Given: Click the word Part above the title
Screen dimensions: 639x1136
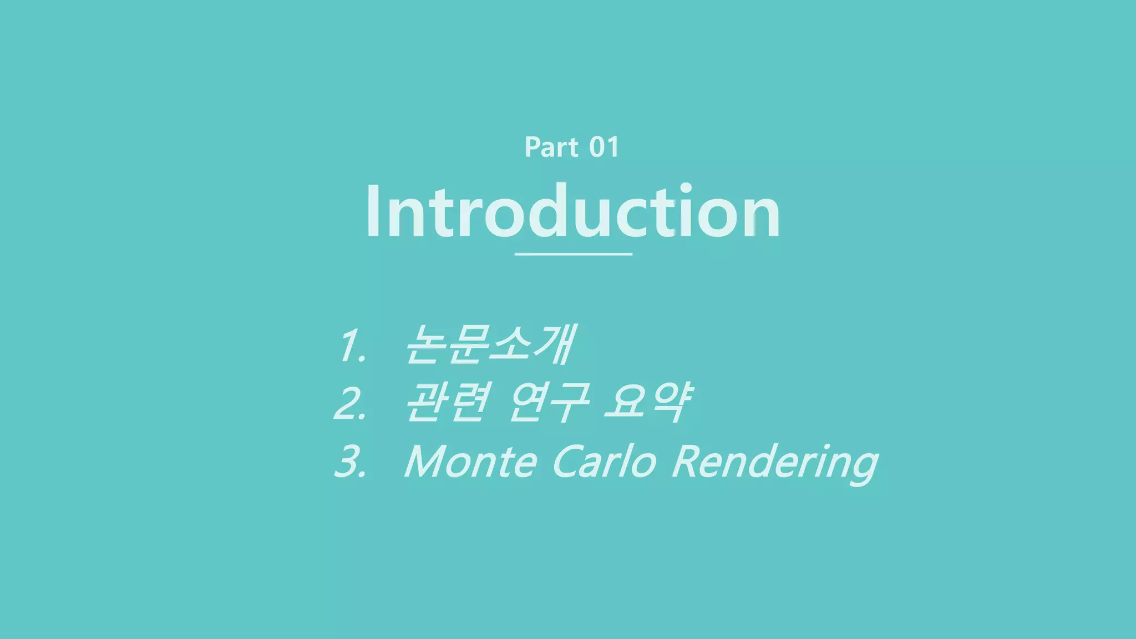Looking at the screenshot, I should tap(551, 148).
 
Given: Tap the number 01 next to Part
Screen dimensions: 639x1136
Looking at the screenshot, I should tap(603, 148).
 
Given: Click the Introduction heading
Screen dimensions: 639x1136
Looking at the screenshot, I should tap(572, 212).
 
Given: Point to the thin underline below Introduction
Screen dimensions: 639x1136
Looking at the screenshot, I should tap(574, 254).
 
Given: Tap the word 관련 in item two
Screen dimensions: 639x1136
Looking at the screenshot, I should tap(447, 402).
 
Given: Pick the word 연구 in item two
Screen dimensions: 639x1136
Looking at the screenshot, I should tap(549, 402).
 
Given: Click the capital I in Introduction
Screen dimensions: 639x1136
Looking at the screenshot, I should tap(372, 212).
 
